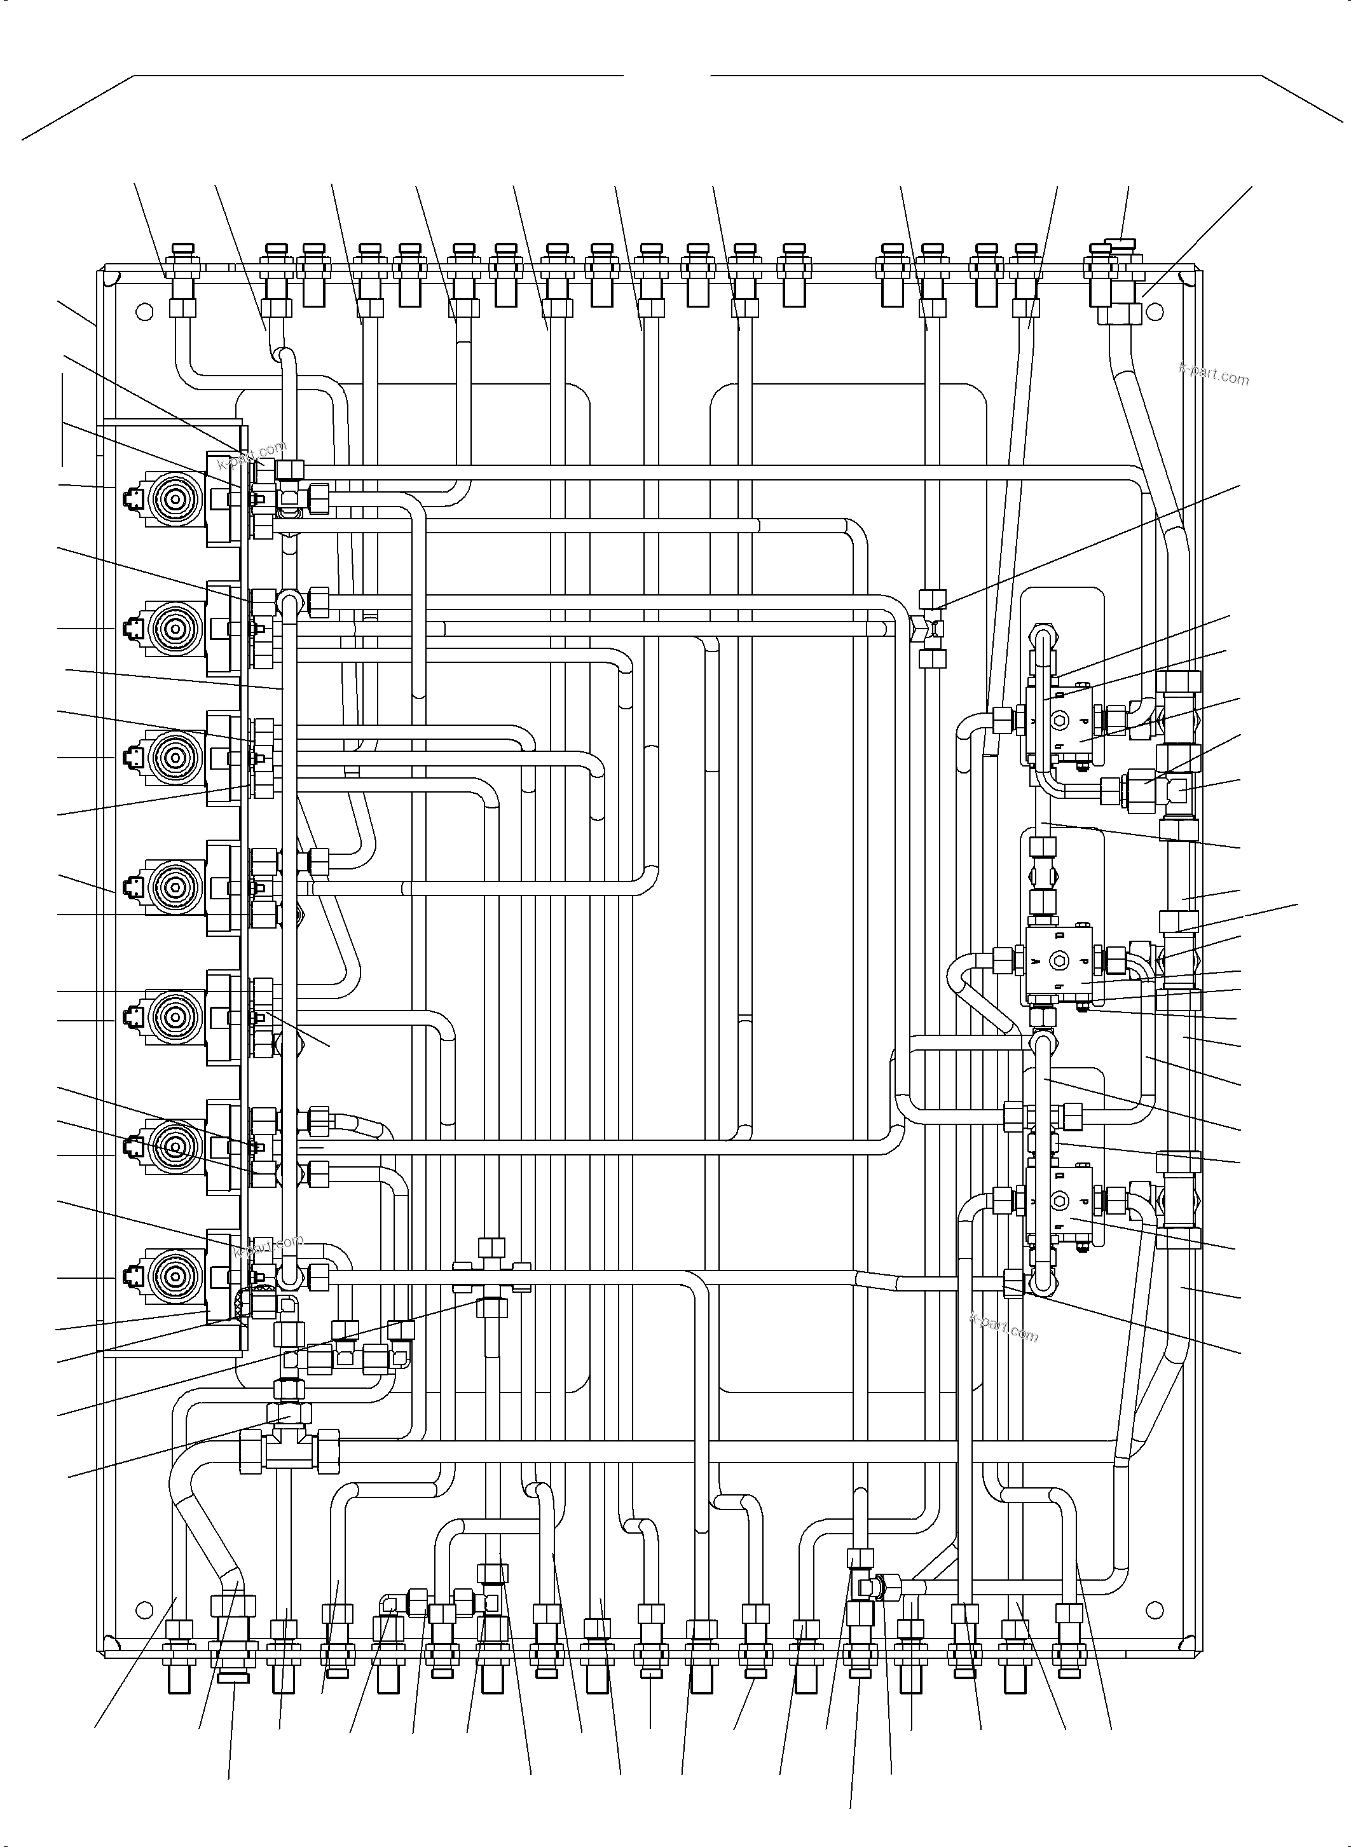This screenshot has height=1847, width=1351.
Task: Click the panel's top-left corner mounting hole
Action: tap(144, 311)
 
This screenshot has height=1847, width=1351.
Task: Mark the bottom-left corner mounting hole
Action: tap(144, 1608)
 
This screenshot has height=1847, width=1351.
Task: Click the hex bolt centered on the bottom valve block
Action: tap(1060, 1201)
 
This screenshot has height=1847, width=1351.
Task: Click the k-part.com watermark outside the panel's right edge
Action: tap(1214, 374)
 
